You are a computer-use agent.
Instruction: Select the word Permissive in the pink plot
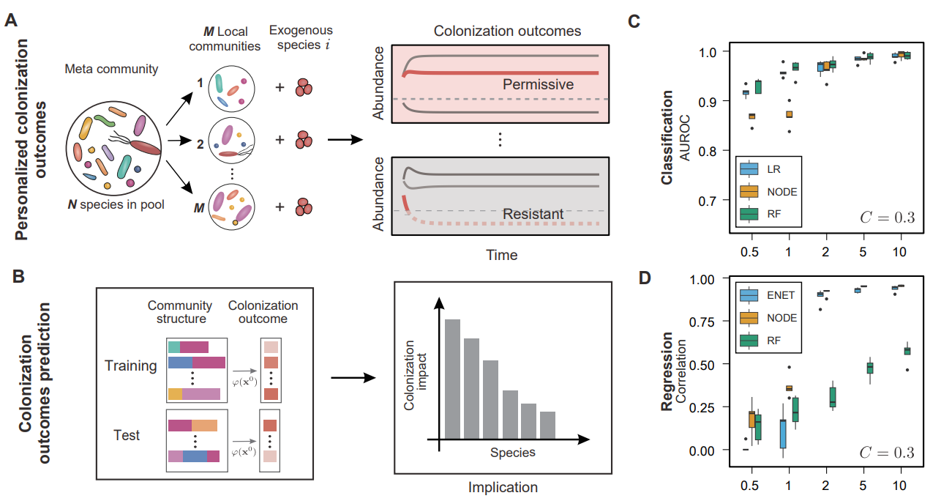tap(538, 84)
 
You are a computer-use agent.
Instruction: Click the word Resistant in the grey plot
tap(532, 214)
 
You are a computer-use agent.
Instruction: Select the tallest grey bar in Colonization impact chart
tap(453, 379)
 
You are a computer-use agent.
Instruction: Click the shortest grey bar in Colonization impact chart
tap(548, 426)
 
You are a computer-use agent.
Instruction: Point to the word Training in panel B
tap(130, 365)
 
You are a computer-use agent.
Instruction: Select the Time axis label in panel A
tap(501, 255)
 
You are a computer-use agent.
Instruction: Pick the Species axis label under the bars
tap(512, 452)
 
